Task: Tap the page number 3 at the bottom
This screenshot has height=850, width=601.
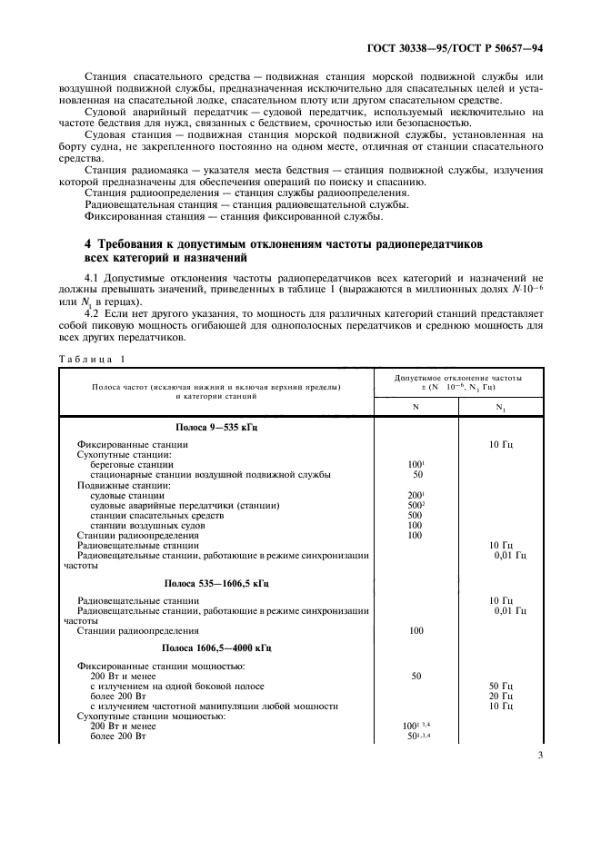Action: coord(538,777)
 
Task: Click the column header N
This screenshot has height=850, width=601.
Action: coord(416,407)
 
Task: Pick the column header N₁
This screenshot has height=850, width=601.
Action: coord(499,408)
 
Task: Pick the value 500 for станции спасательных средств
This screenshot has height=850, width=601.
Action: coord(416,515)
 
